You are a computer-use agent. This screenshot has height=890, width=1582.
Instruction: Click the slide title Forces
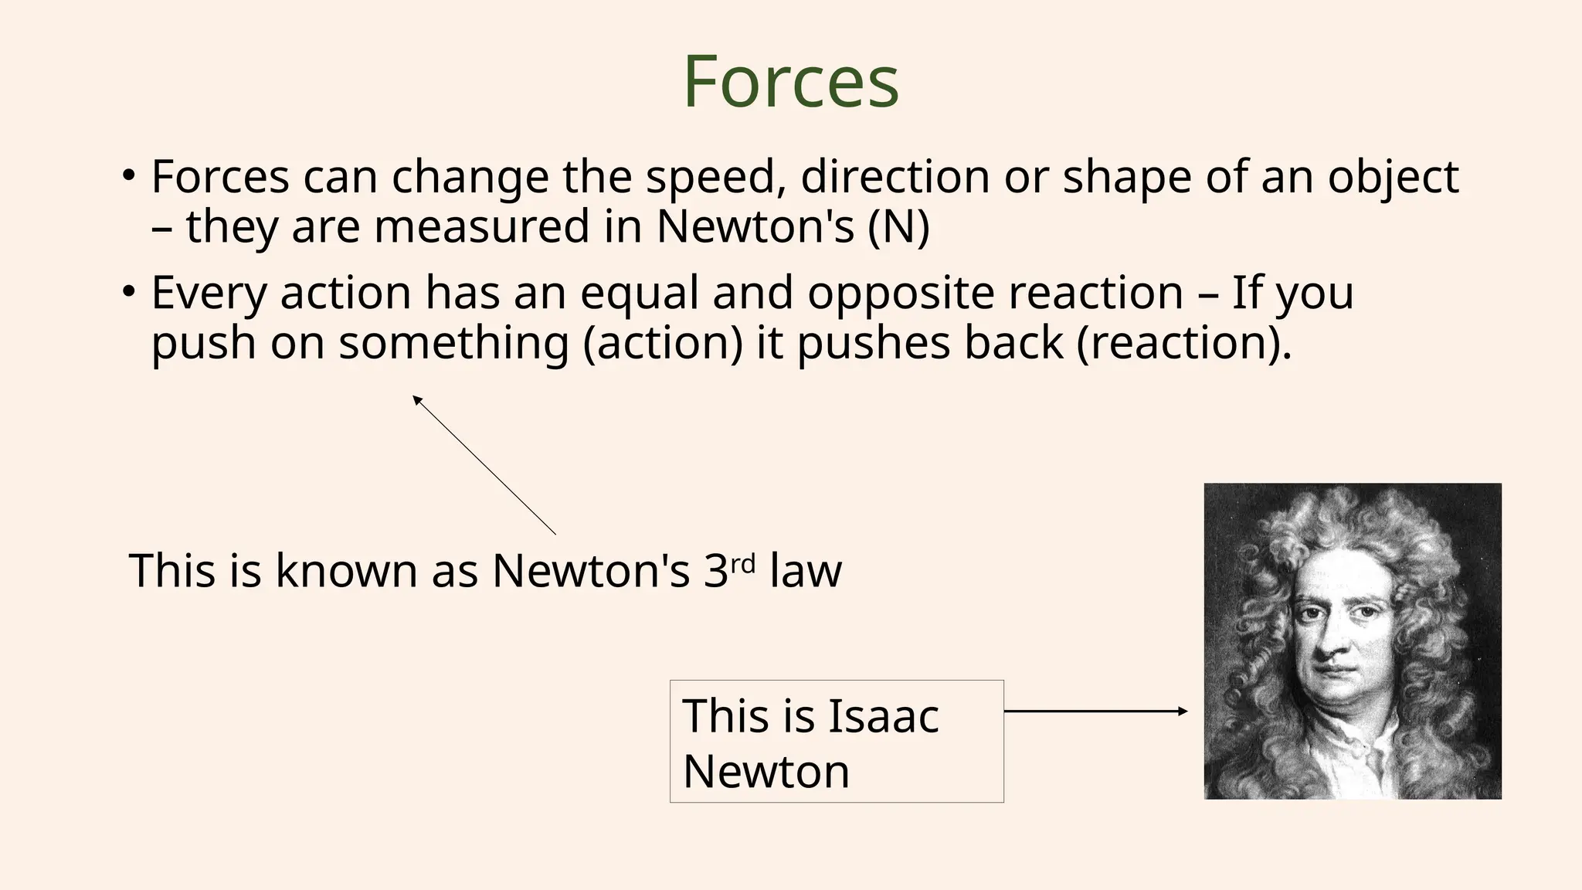(791, 82)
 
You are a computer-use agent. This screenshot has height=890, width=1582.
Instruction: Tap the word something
(453, 343)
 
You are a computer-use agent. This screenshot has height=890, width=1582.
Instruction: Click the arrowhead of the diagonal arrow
(416, 399)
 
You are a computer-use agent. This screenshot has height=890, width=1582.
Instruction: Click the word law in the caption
(805, 572)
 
